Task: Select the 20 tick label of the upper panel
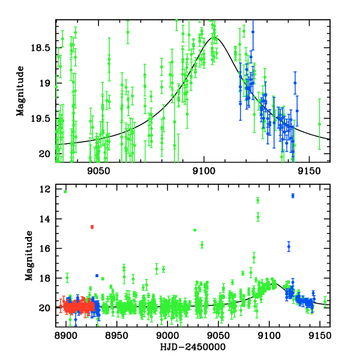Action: [x=44, y=154]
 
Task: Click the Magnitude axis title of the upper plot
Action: [x=20, y=91]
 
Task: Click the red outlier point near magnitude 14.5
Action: [x=92, y=227]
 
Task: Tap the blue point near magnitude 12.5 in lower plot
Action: [x=293, y=196]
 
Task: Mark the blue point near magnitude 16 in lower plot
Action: [x=289, y=247]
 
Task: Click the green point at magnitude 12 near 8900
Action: [x=65, y=191]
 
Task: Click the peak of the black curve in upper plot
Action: [x=214, y=38]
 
